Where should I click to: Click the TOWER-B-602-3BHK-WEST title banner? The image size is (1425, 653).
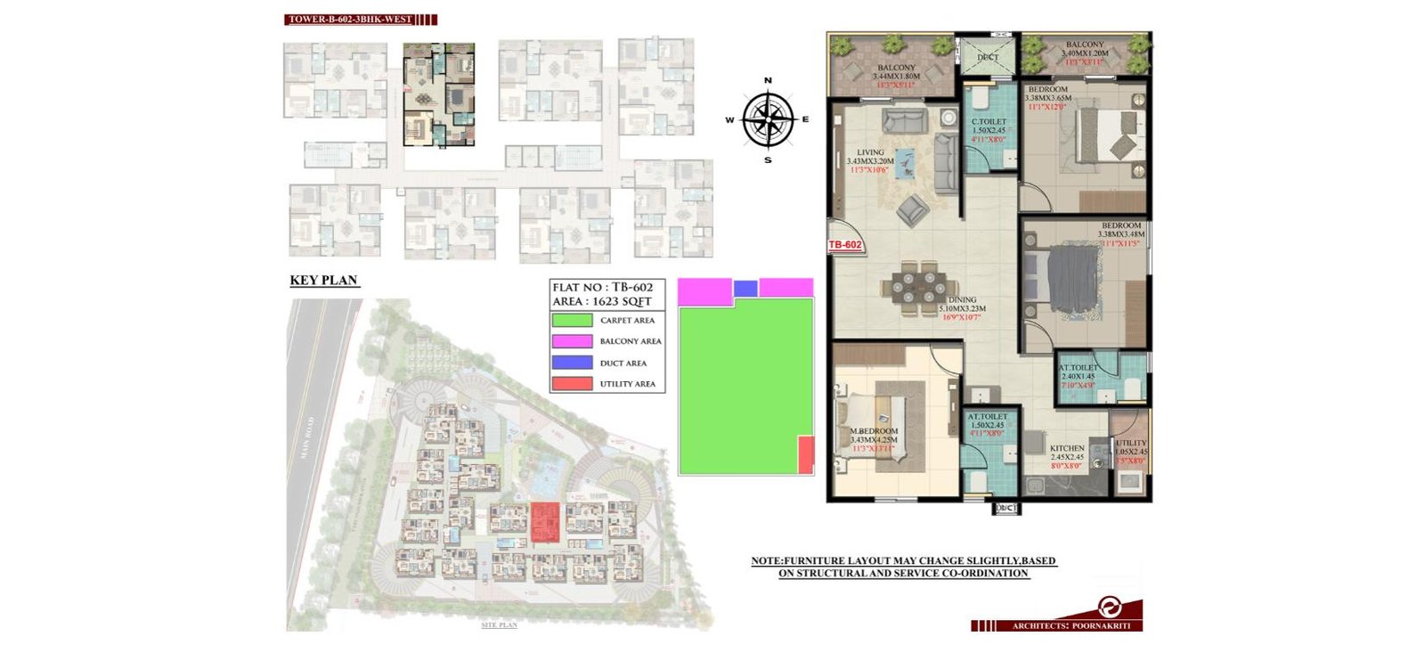[x=350, y=19]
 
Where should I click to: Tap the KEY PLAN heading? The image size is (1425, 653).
[x=323, y=281]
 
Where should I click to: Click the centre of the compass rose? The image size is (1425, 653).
[x=768, y=119]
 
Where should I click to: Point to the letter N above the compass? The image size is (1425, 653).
[x=768, y=80]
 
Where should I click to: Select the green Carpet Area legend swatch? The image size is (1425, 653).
[x=572, y=320]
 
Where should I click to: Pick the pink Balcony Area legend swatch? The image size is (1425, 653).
[x=572, y=341]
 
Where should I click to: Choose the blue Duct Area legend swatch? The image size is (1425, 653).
[x=572, y=363]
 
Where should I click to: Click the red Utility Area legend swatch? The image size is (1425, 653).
[x=572, y=384]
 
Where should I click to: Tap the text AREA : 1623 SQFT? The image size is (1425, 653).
[x=602, y=301]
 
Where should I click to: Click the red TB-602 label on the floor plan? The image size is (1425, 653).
[x=845, y=245]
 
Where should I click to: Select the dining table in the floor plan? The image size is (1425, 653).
[x=913, y=290]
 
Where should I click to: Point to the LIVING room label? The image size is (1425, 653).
[x=870, y=152]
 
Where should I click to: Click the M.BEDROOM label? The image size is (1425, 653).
[x=874, y=431]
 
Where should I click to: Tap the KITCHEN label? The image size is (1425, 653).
[x=1067, y=448]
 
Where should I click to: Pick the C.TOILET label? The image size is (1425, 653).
[x=989, y=121]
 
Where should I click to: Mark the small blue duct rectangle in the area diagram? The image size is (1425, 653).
[x=745, y=289]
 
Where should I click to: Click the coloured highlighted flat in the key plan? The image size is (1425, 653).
[x=438, y=94]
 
